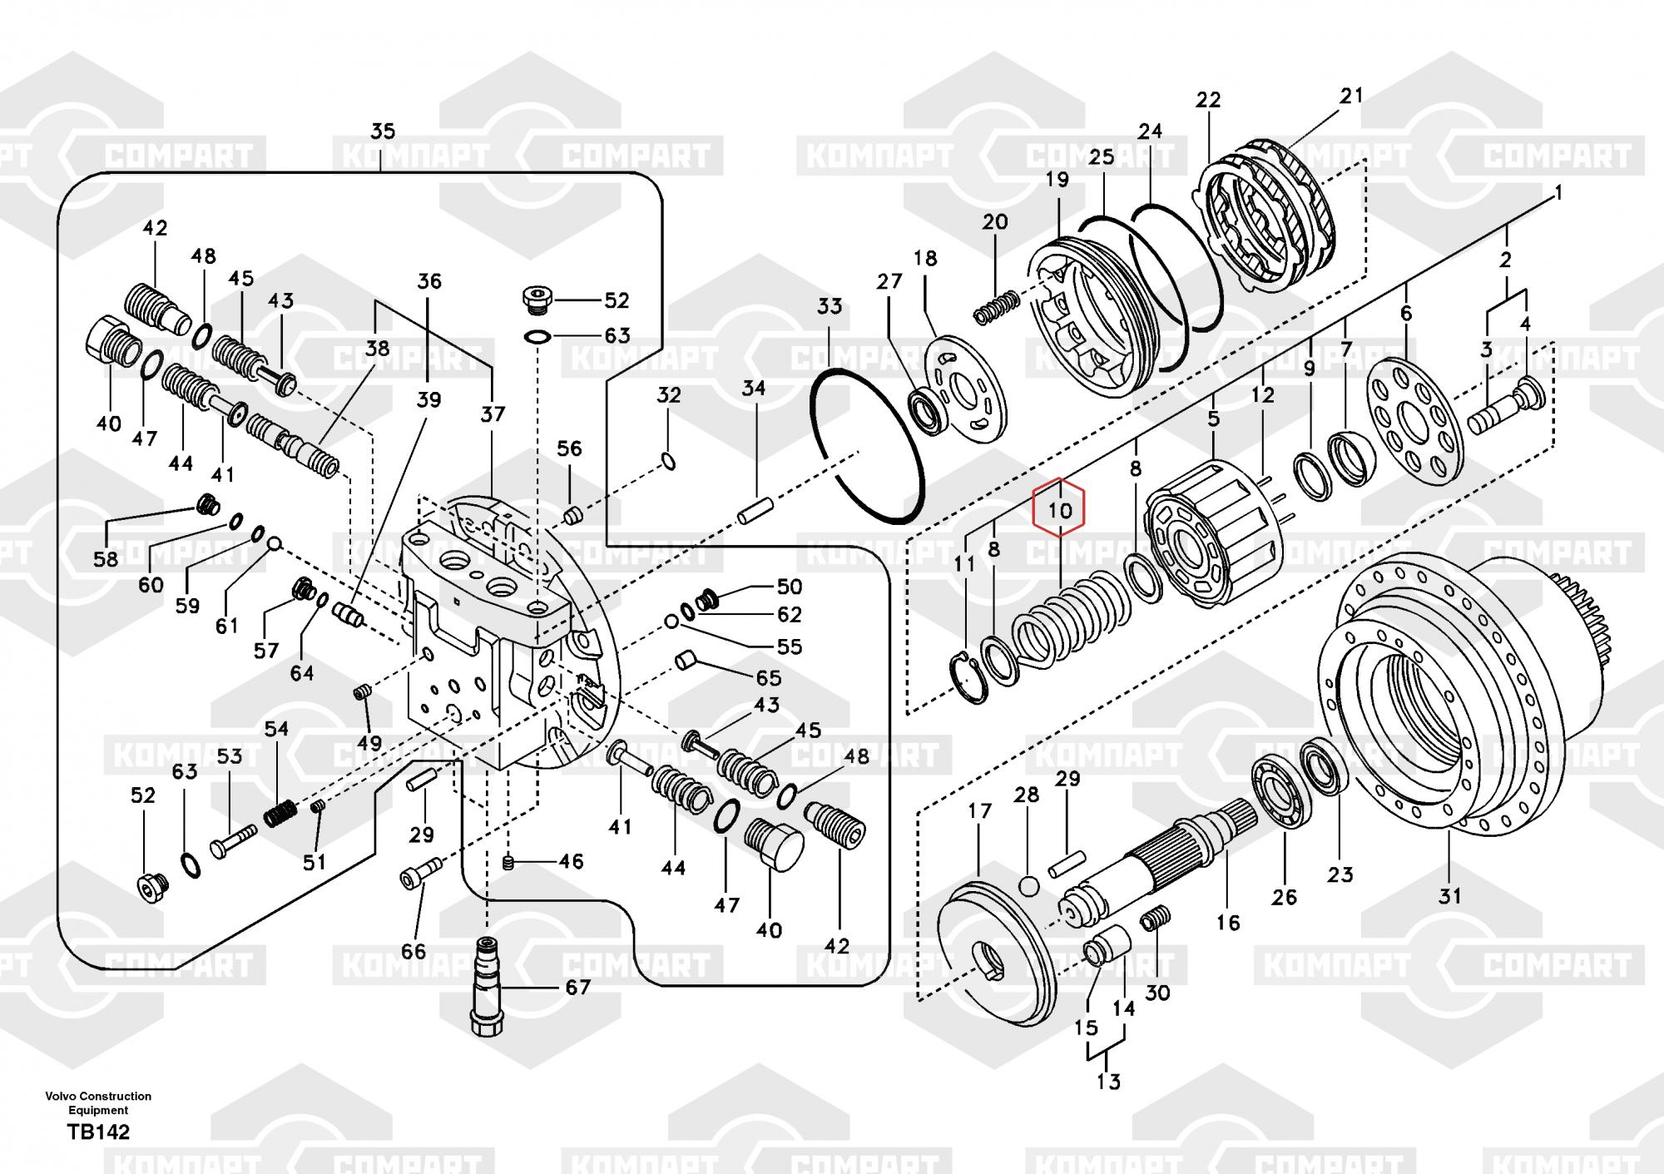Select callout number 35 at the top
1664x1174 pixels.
(x=383, y=131)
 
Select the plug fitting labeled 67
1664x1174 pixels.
(x=488, y=987)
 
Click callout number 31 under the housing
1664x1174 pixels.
(x=1449, y=895)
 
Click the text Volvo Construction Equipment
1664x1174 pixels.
(x=98, y=1102)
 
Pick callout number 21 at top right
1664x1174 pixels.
(x=1351, y=96)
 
